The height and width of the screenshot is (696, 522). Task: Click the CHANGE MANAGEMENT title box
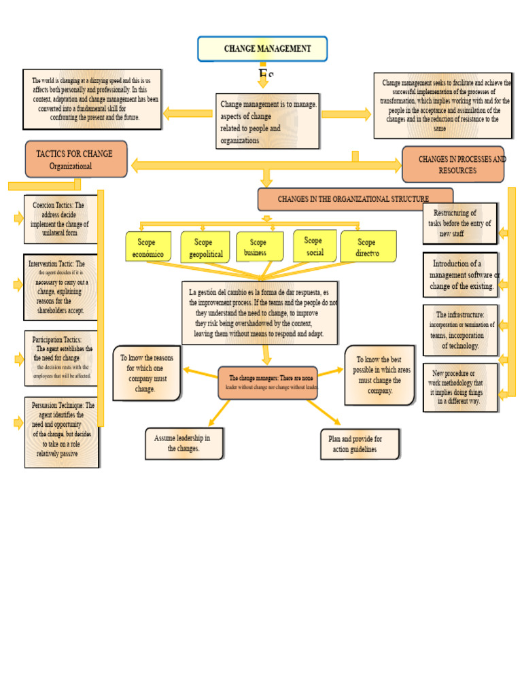(x=262, y=49)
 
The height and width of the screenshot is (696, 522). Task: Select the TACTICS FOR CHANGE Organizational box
(x=76, y=159)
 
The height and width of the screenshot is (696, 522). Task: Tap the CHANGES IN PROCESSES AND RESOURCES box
(x=453, y=164)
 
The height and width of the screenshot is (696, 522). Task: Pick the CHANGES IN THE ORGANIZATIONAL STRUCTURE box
(x=355, y=199)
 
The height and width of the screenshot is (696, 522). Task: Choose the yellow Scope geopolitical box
(x=205, y=247)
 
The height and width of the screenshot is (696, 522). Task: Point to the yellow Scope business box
(x=260, y=247)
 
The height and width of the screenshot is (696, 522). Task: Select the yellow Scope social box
(x=314, y=245)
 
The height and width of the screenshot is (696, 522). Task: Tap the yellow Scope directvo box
(x=368, y=247)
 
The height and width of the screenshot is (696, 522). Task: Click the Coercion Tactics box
(x=60, y=219)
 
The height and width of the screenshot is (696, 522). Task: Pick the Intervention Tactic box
(x=60, y=287)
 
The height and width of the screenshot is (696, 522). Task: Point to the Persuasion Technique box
(x=61, y=432)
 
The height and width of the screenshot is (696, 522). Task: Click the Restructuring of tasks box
(x=459, y=223)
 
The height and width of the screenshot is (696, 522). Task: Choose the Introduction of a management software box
(x=460, y=275)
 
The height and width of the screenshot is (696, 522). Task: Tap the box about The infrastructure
(x=460, y=330)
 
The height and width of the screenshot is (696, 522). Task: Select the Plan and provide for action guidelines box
(x=360, y=444)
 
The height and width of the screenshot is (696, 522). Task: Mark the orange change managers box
(x=268, y=382)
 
